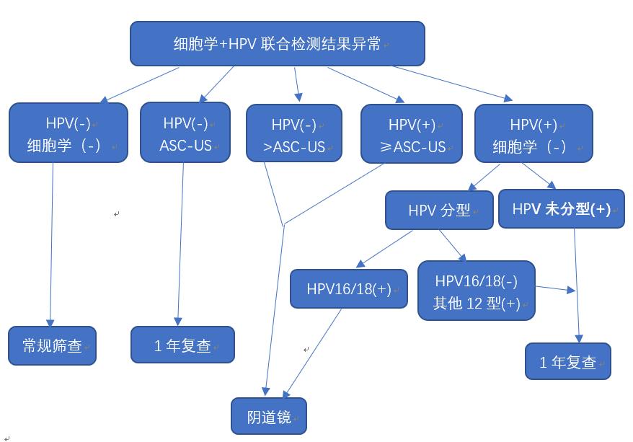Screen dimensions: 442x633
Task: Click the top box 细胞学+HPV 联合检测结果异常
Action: click(277, 43)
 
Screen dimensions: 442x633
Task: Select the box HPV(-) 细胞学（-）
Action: click(68, 133)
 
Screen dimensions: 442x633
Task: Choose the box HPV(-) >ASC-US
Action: click(294, 133)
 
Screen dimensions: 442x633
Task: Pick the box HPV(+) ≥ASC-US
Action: click(412, 134)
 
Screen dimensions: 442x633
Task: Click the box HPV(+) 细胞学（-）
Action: click(534, 134)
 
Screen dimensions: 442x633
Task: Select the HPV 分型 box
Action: click(439, 210)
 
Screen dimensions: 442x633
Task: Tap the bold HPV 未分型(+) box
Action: click(561, 209)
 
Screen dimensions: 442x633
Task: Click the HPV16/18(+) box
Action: click(349, 288)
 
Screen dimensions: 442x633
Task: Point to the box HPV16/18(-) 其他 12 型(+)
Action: click(477, 291)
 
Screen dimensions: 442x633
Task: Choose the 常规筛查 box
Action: click(52, 345)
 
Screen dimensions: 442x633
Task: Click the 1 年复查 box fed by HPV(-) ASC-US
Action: click(182, 345)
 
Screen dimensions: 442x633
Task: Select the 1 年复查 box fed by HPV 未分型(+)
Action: click(568, 361)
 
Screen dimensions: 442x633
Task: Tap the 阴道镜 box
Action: click(269, 417)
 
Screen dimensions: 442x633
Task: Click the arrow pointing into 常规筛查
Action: click(52, 245)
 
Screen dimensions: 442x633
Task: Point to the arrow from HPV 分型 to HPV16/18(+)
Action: click(386, 249)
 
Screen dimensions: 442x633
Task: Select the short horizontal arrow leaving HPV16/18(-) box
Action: click(555, 289)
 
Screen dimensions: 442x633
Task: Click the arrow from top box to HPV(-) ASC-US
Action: click(216, 84)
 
